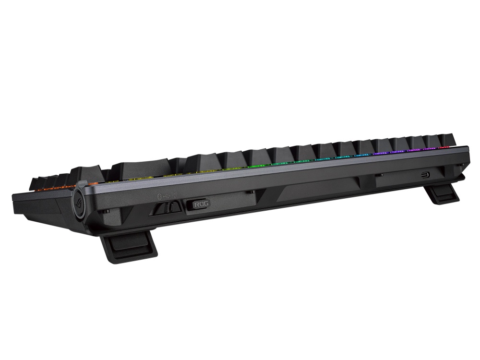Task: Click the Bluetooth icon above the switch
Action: [160, 196]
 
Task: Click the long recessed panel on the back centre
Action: [317, 189]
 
